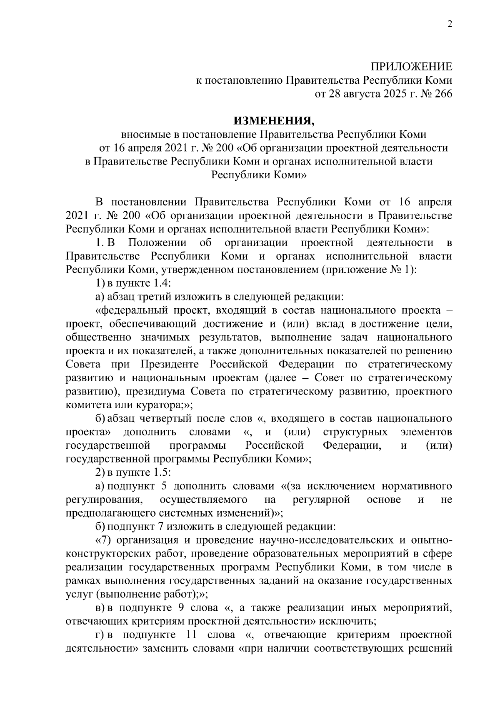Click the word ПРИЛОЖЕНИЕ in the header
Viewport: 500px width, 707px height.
tap(411, 67)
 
